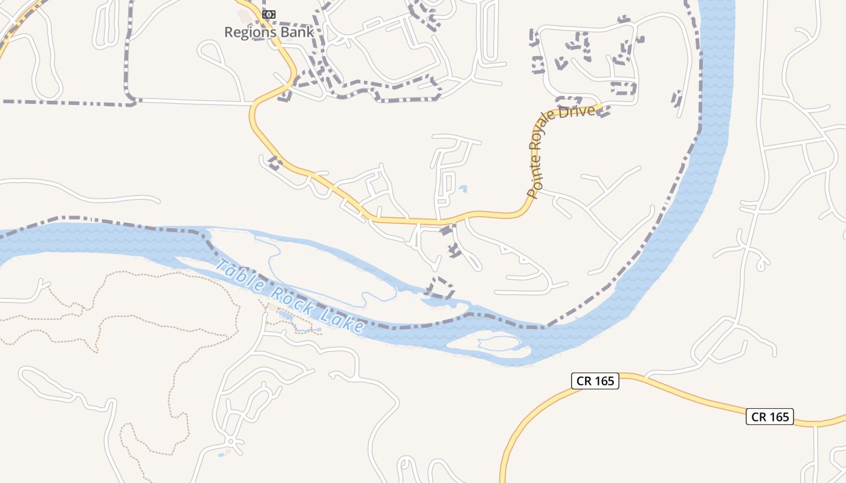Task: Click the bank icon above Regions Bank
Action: point(270,14)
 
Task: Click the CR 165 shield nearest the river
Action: point(595,380)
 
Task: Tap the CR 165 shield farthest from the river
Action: point(769,417)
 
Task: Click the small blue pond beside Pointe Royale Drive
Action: point(463,189)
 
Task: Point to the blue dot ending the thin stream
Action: point(319,330)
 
